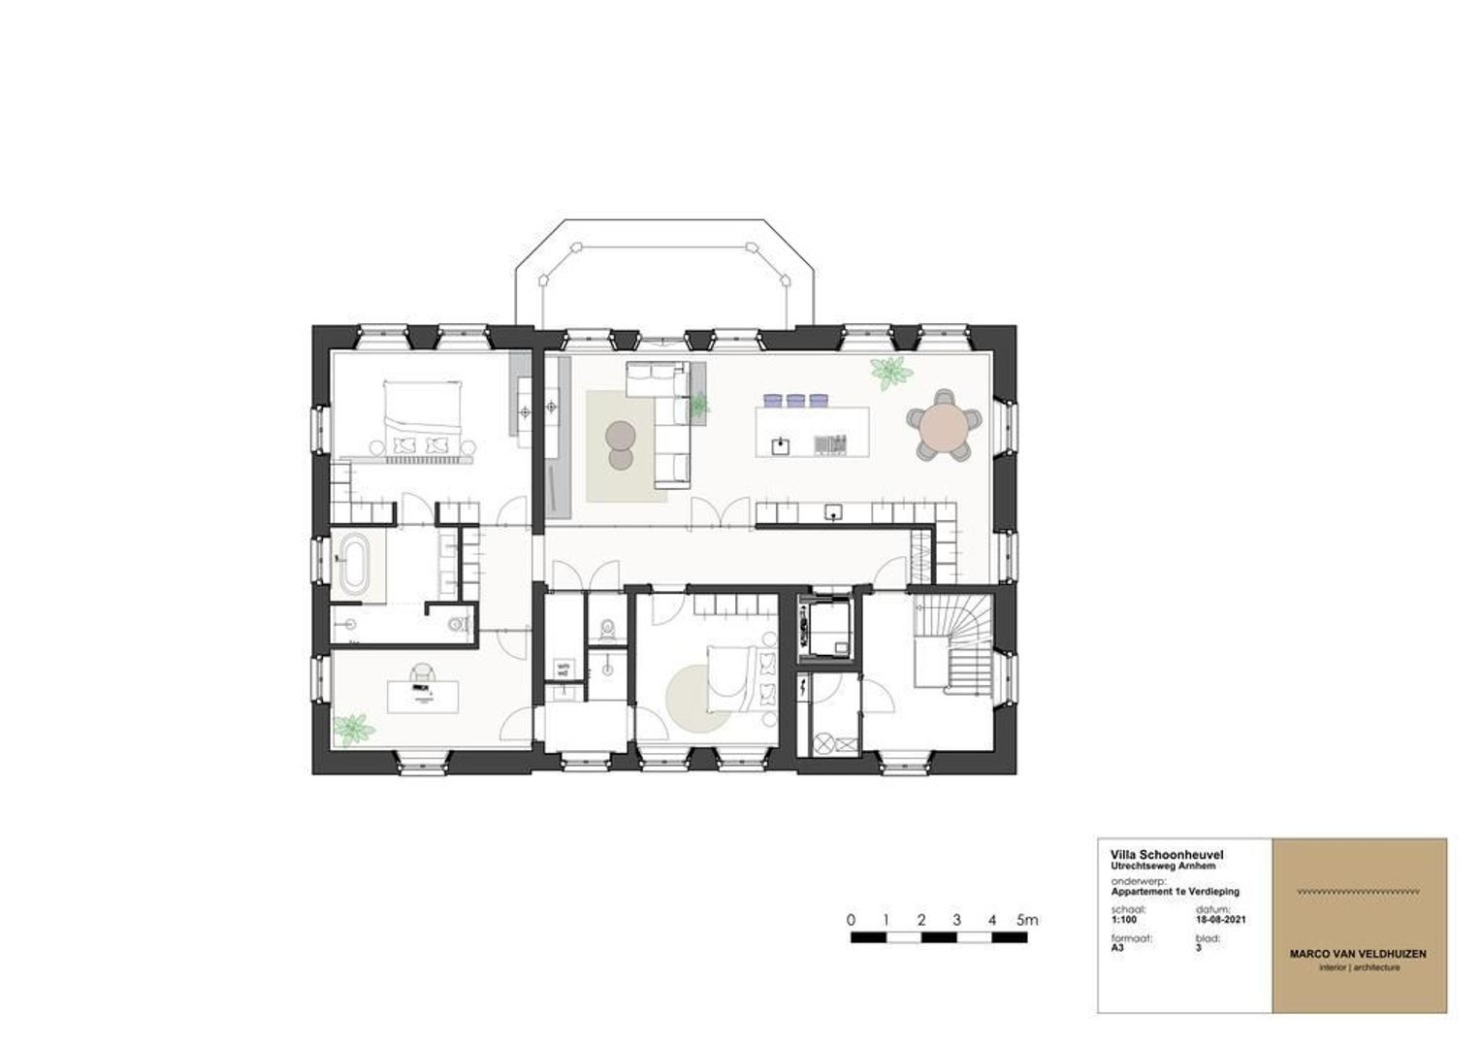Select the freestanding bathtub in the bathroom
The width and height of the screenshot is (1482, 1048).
click(x=352, y=566)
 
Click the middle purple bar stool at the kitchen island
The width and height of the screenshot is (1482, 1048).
click(x=796, y=399)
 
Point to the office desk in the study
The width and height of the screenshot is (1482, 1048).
click(x=423, y=696)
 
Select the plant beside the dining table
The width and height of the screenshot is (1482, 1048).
click(x=888, y=371)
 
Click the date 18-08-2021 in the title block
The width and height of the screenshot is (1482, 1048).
click(x=1221, y=920)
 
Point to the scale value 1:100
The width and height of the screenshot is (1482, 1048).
click(x=1124, y=920)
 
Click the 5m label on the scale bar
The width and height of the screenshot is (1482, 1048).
click(x=1026, y=919)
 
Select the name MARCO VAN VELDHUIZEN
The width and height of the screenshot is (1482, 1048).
click(x=1358, y=954)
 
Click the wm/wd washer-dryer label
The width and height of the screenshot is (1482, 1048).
click(x=562, y=669)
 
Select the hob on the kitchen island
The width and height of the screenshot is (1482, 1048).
click(x=830, y=443)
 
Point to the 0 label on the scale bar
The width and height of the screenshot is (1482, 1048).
click(x=851, y=919)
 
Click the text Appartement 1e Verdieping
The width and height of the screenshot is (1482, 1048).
click(x=1175, y=891)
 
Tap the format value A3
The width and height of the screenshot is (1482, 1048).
click(x=1117, y=949)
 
